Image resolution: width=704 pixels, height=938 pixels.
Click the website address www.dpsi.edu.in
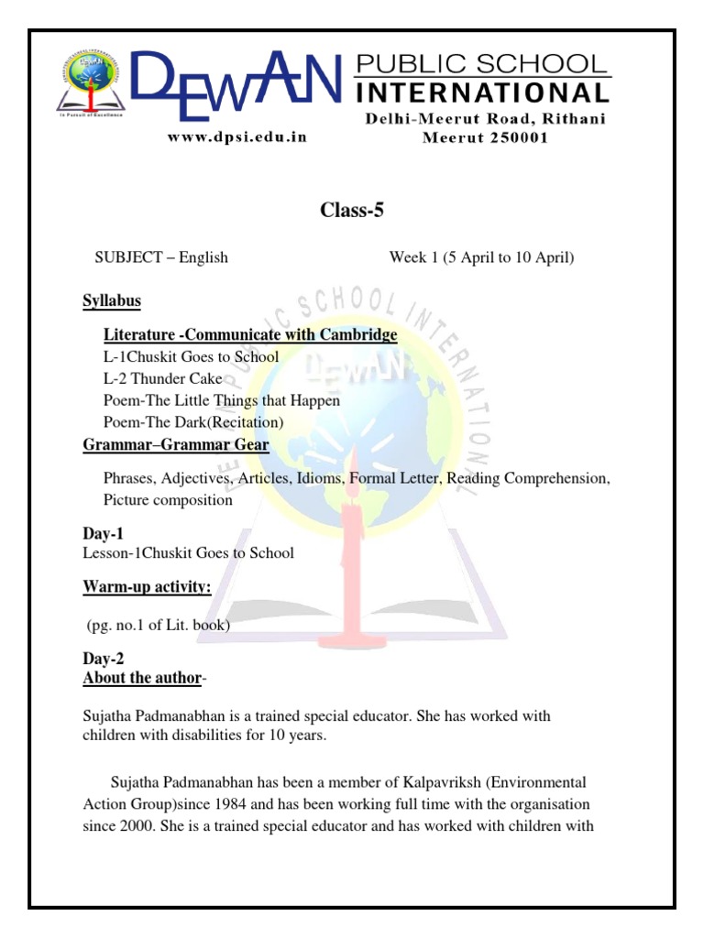236,137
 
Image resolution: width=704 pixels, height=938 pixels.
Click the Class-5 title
352,211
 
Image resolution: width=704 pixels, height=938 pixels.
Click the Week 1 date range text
481,257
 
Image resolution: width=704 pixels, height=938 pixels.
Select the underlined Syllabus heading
112,301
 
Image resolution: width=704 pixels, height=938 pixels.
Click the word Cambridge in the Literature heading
353,334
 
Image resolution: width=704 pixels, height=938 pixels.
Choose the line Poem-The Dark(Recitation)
193,422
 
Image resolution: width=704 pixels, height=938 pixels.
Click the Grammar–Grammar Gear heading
176,445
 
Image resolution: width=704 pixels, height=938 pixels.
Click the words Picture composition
168,500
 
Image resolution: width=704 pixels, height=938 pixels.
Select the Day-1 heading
103,533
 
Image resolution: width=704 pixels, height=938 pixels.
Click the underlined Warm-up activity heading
148,586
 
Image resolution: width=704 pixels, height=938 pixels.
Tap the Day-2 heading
103,659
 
